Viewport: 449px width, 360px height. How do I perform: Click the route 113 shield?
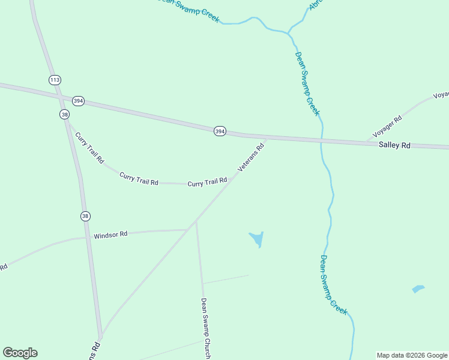[x=55, y=80]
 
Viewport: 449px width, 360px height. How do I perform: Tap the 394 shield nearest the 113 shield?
[x=78, y=101]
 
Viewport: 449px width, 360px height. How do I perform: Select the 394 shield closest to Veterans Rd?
[x=220, y=131]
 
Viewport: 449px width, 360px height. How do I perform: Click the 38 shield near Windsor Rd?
[x=85, y=216]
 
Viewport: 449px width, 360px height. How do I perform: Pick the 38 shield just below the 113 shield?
[x=65, y=114]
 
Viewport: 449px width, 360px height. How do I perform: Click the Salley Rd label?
[x=394, y=145]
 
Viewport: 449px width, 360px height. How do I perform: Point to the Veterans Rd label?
[x=251, y=158]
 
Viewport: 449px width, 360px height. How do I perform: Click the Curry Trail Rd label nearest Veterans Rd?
[x=207, y=182]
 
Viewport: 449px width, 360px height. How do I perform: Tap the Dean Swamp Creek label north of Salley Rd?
[x=307, y=83]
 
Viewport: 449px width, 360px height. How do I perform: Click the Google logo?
[x=20, y=353]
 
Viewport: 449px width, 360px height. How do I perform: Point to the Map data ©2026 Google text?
[x=412, y=355]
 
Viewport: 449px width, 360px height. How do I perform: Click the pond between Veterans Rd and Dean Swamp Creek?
[x=257, y=239]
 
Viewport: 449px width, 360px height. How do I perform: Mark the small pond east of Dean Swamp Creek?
[x=418, y=289]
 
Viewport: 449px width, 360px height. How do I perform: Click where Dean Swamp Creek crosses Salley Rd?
[x=322, y=142]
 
